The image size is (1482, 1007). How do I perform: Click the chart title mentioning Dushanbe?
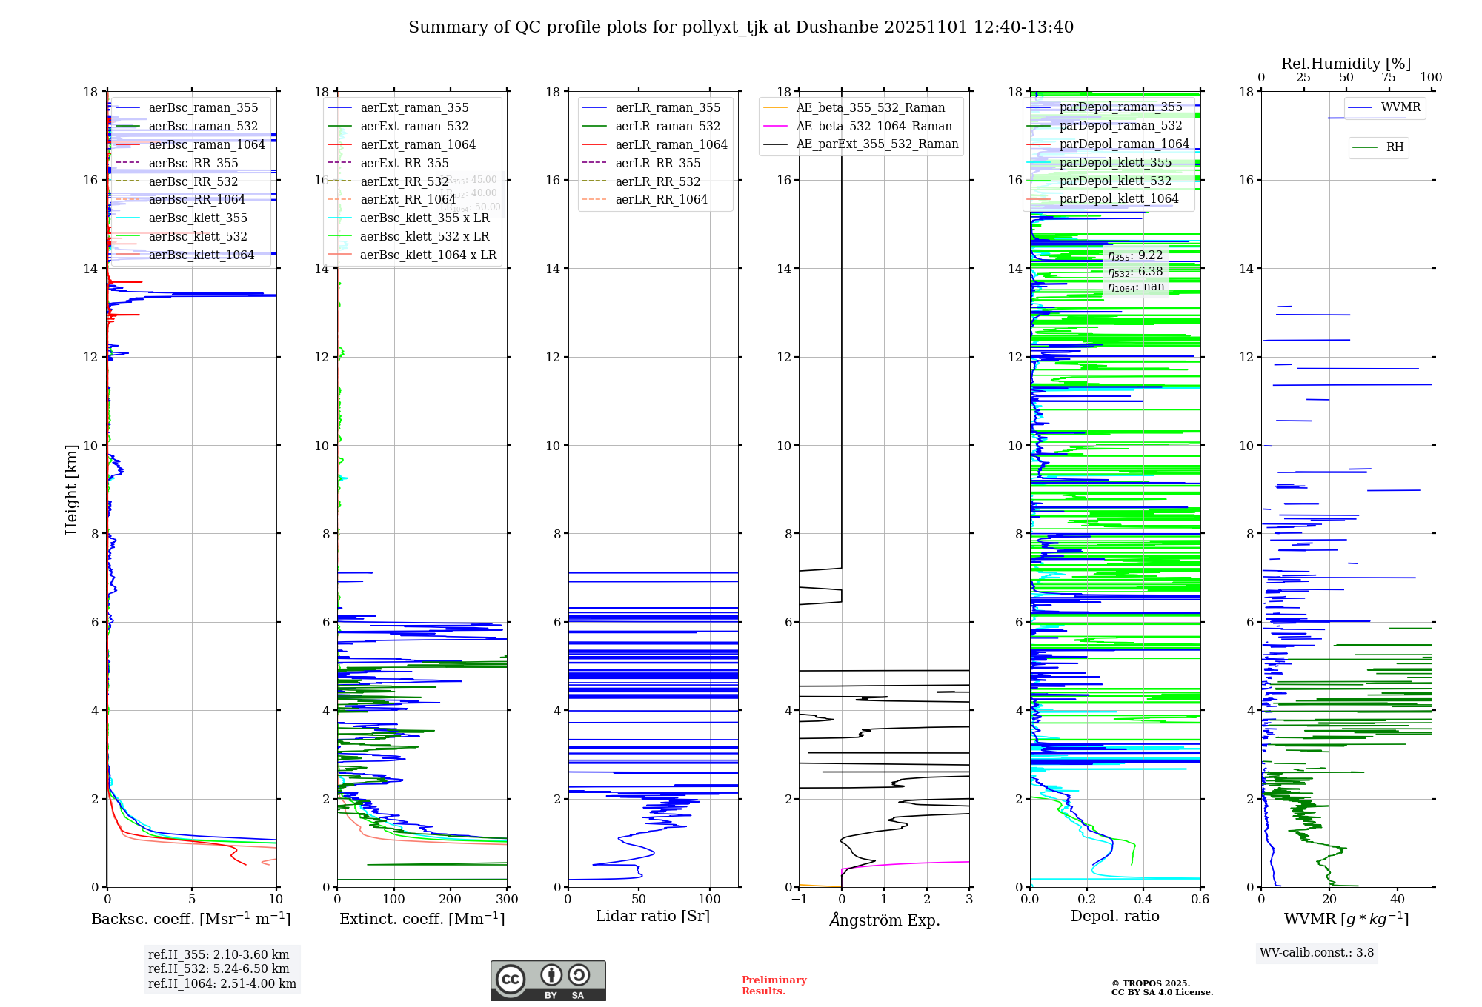pyautogui.click(x=741, y=27)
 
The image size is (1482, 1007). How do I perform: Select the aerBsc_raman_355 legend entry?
pyautogui.click(x=203, y=108)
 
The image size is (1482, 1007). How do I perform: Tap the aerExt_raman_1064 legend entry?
pyautogui.click(x=418, y=145)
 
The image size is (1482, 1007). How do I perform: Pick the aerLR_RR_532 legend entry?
pyautogui.click(x=657, y=181)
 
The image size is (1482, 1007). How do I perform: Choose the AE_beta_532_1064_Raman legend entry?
pyautogui.click(x=874, y=127)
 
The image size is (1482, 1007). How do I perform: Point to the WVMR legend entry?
pyautogui.click(x=1400, y=107)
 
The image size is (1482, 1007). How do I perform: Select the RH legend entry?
pyautogui.click(x=1395, y=147)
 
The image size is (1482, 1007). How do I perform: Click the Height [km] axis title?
pyautogui.click(x=71, y=489)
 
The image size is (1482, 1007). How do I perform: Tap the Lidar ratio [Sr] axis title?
pyautogui.click(x=653, y=917)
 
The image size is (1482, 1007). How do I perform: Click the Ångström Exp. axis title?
pyautogui.click(x=884, y=920)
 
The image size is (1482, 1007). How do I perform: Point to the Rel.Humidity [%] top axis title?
pyautogui.click(x=1346, y=64)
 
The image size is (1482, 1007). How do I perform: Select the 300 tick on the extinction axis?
pyautogui.click(x=507, y=900)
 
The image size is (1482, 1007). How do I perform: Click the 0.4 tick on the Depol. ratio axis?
pyautogui.click(x=1143, y=900)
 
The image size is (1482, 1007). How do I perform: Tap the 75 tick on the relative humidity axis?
pyautogui.click(x=1389, y=78)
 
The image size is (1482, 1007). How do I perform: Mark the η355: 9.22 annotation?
pyautogui.click(x=1135, y=255)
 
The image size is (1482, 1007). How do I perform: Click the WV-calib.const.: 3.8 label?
pyautogui.click(x=1317, y=953)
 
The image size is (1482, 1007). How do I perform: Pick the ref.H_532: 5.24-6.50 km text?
pyautogui.click(x=219, y=969)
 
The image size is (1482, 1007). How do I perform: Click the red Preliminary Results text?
pyautogui.click(x=774, y=986)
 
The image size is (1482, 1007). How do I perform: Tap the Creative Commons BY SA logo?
pyautogui.click(x=548, y=981)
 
